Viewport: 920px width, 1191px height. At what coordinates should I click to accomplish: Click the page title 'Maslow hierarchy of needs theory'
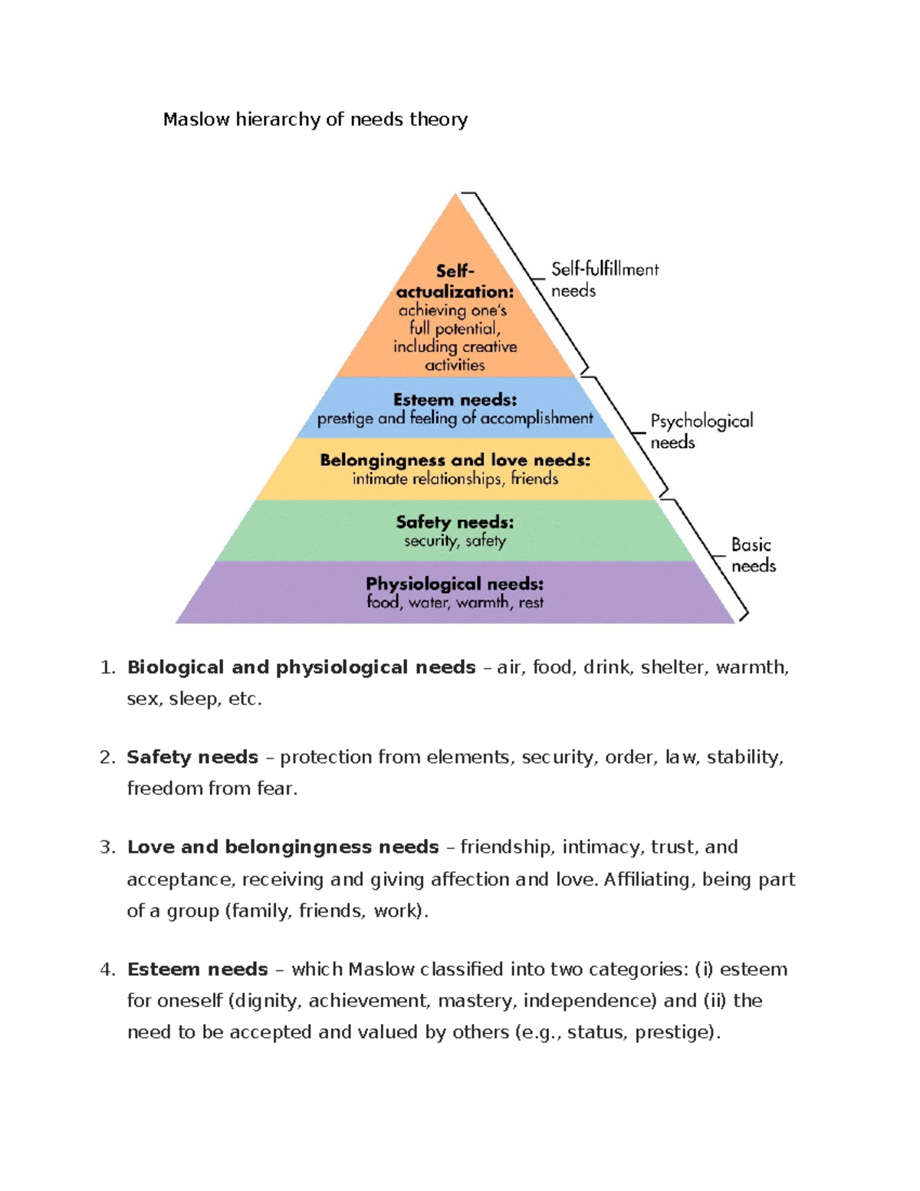(x=314, y=120)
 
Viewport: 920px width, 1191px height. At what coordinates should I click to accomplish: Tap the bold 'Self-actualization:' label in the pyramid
(x=455, y=282)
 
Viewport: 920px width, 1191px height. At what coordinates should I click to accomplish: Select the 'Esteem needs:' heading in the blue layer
(x=455, y=400)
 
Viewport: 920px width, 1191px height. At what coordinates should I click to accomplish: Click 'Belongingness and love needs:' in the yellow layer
(x=455, y=460)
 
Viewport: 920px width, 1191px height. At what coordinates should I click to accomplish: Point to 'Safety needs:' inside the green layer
(x=455, y=522)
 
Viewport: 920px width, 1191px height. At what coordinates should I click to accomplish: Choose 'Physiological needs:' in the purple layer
(x=455, y=584)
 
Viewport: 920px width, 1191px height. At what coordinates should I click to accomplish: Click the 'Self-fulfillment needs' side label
(x=604, y=280)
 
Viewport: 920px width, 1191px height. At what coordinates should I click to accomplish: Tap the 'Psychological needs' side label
(x=701, y=431)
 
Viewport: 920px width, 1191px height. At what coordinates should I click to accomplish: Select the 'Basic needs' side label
(x=752, y=555)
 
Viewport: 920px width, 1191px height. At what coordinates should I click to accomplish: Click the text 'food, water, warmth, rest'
(x=455, y=603)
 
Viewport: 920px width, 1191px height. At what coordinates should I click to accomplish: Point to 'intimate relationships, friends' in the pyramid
(x=455, y=479)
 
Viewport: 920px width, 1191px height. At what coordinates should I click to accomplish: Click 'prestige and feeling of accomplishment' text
(x=455, y=419)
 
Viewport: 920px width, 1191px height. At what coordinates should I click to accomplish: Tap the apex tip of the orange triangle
(x=456, y=196)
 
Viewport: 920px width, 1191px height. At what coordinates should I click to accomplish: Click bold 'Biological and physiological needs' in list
(x=301, y=667)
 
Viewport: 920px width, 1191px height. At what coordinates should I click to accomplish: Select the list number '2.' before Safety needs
(x=107, y=757)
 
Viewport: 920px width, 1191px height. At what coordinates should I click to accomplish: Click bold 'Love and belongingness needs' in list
(x=283, y=847)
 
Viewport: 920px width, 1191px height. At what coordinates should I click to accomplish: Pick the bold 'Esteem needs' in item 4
(x=197, y=969)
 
